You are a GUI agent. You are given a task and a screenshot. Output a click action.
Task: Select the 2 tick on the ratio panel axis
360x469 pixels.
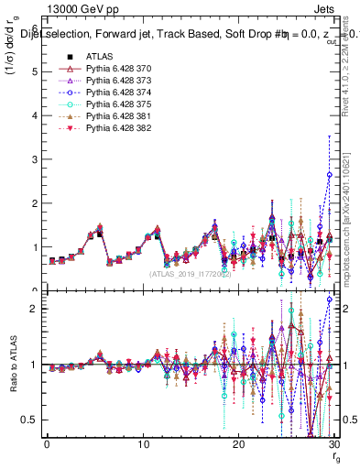point(35,309)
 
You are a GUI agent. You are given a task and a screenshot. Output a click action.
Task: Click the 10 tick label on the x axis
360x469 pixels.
point(143,445)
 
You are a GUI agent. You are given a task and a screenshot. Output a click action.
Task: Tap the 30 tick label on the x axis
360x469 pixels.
point(333,445)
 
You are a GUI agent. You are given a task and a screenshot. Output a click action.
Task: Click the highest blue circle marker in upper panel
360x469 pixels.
point(330,174)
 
